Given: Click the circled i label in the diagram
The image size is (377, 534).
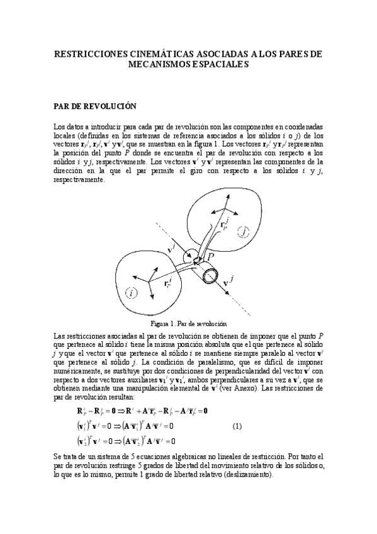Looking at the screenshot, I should [130, 292].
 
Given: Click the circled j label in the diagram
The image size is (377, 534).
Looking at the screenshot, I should [244, 233].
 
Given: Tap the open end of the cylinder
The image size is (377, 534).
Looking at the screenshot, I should [210, 275].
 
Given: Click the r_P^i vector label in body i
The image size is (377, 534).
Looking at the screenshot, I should [167, 283].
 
